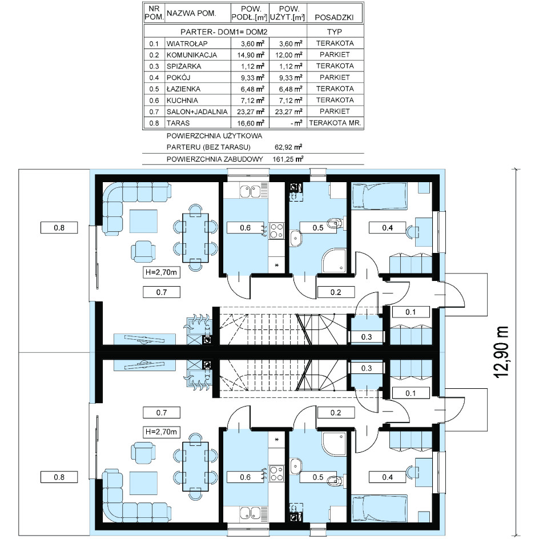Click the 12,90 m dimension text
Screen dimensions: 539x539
tap(501, 352)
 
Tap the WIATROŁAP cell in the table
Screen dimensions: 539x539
tap(187, 43)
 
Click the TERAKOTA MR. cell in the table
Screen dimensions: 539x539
tap(335, 123)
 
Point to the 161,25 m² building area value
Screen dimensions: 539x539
tap(288, 159)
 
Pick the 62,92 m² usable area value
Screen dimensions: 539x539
tap(288, 147)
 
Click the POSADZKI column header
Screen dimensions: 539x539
tap(334, 17)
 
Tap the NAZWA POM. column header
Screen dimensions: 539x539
tap(191, 13)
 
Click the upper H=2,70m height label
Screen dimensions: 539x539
tap(161, 272)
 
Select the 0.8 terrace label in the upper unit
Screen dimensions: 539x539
tap(59, 228)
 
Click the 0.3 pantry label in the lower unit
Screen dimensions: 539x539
tap(367, 368)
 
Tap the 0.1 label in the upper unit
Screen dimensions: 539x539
tap(411, 312)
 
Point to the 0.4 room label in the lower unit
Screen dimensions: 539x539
tap(387, 477)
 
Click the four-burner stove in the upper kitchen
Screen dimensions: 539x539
tap(276, 231)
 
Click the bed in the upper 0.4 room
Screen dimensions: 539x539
tap(379, 196)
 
